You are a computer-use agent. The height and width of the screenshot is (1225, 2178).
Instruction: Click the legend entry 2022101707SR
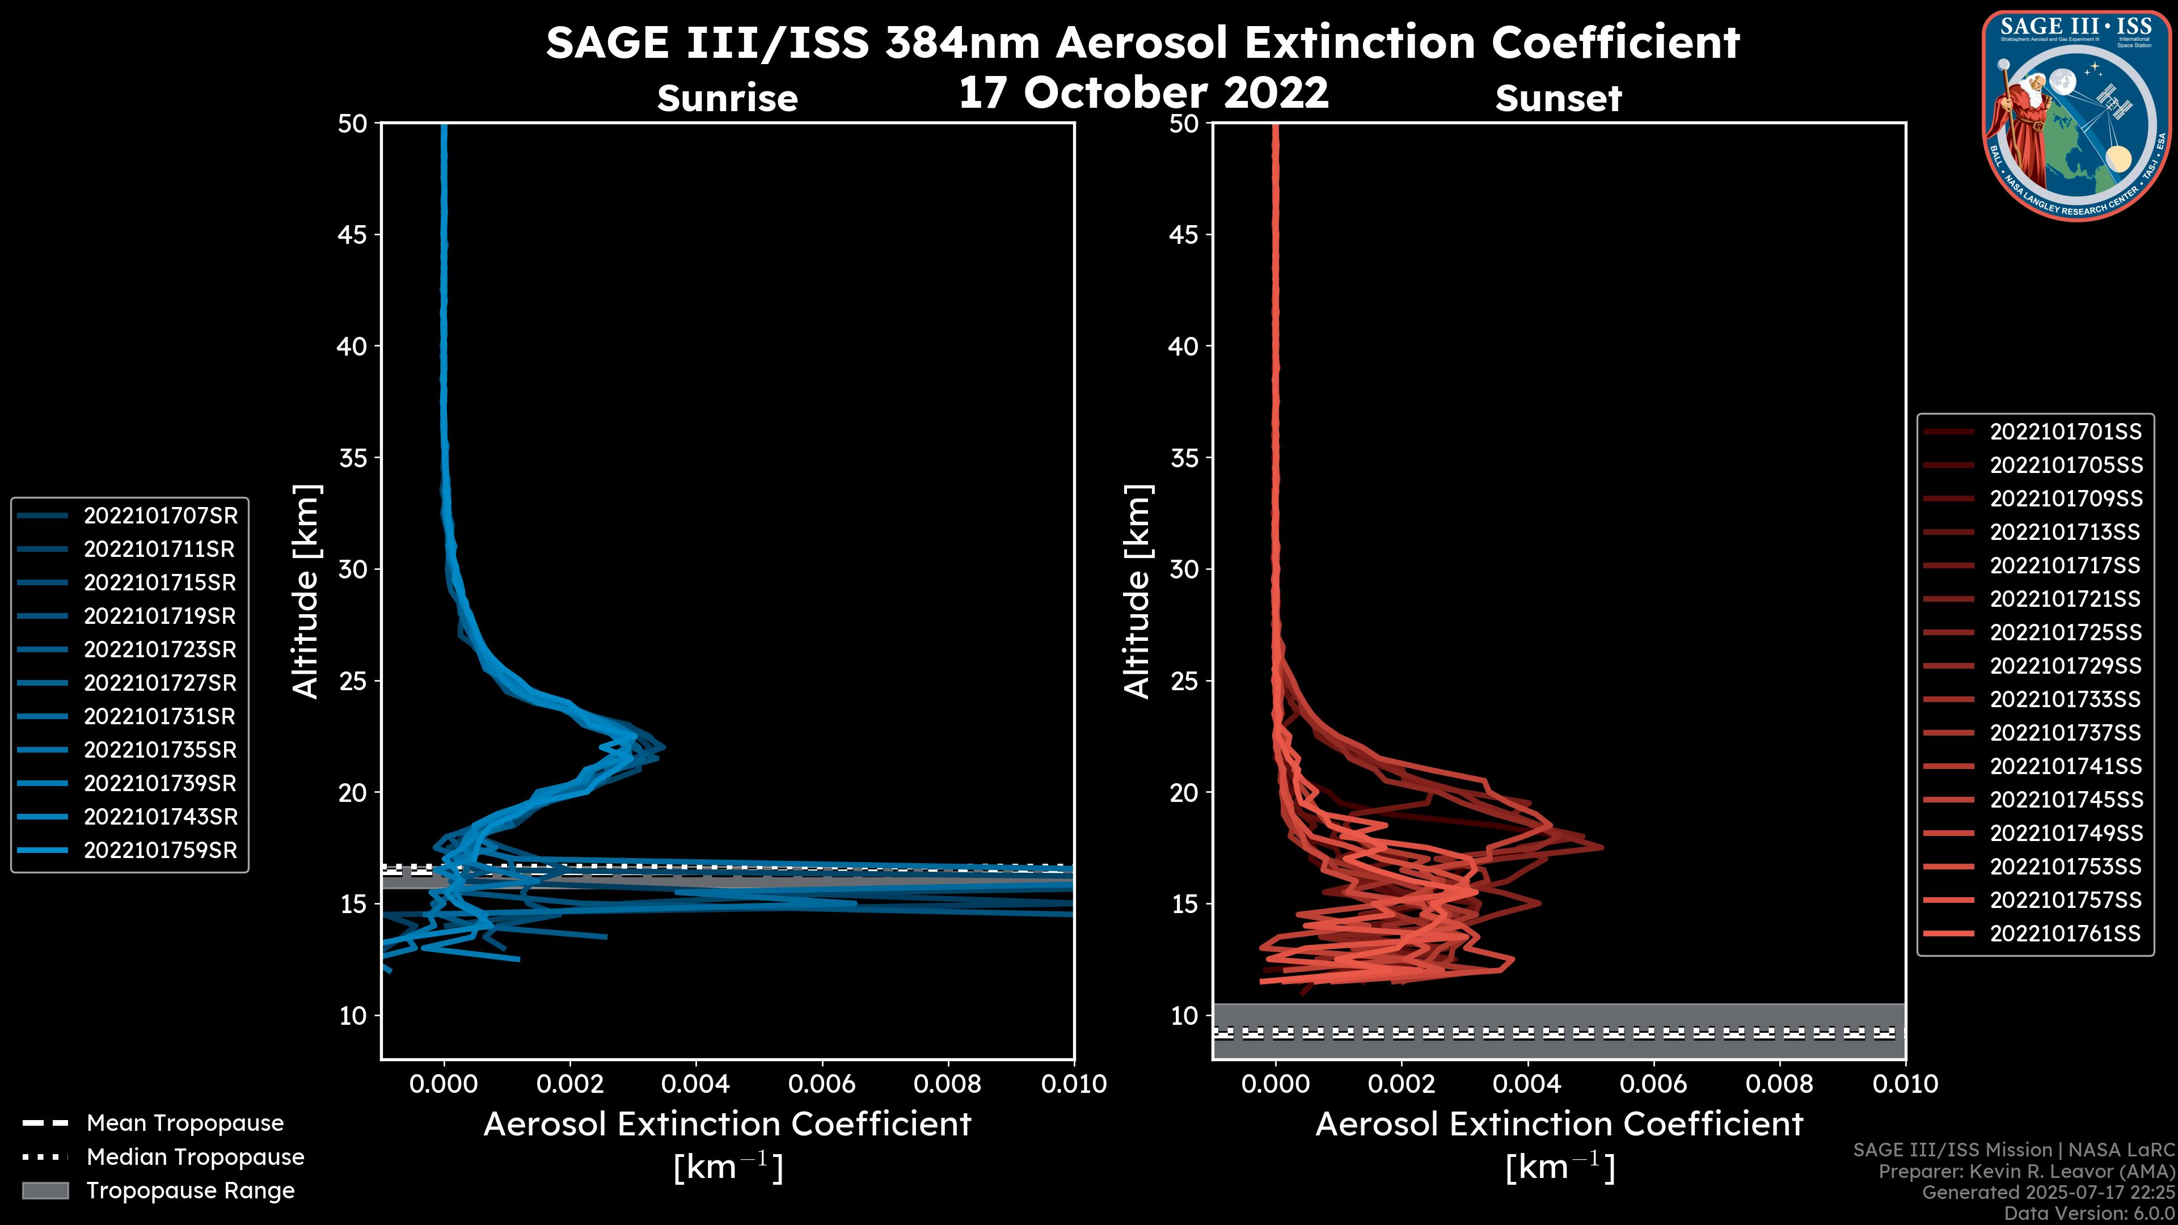(160, 516)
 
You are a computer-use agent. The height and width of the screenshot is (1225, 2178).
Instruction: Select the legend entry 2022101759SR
(160, 851)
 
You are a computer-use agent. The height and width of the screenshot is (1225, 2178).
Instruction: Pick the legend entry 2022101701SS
(2066, 432)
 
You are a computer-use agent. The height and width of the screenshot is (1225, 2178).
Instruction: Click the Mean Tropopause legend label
(185, 1123)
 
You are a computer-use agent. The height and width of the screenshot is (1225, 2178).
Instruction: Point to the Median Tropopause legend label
(195, 1158)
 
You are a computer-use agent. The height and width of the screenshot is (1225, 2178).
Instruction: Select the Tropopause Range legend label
(190, 1191)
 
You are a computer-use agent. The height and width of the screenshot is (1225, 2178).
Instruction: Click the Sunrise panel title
(727, 99)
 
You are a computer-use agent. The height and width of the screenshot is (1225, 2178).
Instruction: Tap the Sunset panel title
(1558, 99)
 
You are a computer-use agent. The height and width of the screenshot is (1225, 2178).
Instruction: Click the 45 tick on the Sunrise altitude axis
(353, 235)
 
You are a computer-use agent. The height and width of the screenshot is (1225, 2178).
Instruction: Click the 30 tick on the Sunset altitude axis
(1184, 570)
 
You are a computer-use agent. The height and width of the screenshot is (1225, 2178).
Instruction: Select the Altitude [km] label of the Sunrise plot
(306, 591)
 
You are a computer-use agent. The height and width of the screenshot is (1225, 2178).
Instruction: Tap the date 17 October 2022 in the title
(1143, 92)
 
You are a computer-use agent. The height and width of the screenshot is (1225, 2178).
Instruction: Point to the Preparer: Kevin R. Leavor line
(2027, 1172)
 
